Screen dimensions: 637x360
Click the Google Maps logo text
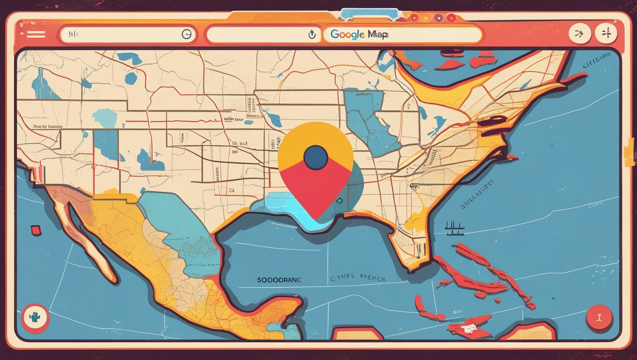[x=359, y=34]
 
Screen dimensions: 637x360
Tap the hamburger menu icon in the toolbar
[x=35, y=34]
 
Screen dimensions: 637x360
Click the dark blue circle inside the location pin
[x=315, y=158]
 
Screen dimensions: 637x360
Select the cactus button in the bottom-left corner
[x=35, y=318]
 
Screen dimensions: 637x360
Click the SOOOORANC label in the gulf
[x=279, y=280]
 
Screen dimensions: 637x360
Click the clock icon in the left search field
[x=187, y=34]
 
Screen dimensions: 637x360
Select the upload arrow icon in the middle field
[x=312, y=35]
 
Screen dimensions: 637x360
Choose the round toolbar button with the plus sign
[x=606, y=33]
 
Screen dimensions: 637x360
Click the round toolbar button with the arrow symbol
[x=579, y=33]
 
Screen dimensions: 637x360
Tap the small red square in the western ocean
[x=35, y=230]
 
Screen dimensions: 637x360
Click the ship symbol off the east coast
[x=454, y=228]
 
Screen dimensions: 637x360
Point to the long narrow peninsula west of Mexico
[x=87, y=242]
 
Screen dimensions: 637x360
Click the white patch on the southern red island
[x=467, y=329]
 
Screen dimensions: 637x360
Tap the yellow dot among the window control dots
[x=426, y=18]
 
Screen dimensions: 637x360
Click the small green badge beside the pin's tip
[x=339, y=201]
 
